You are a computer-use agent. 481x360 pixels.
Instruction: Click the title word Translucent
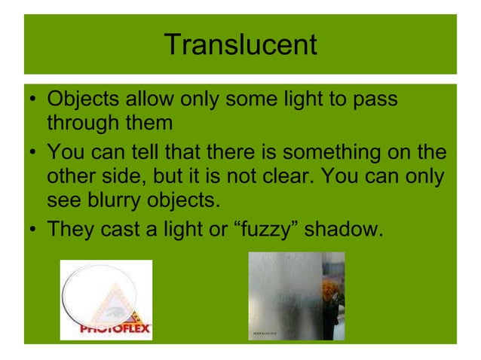(x=240, y=44)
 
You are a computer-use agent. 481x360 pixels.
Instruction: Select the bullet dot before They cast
(x=34, y=227)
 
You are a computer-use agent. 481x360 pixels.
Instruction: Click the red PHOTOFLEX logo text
(x=116, y=328)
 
